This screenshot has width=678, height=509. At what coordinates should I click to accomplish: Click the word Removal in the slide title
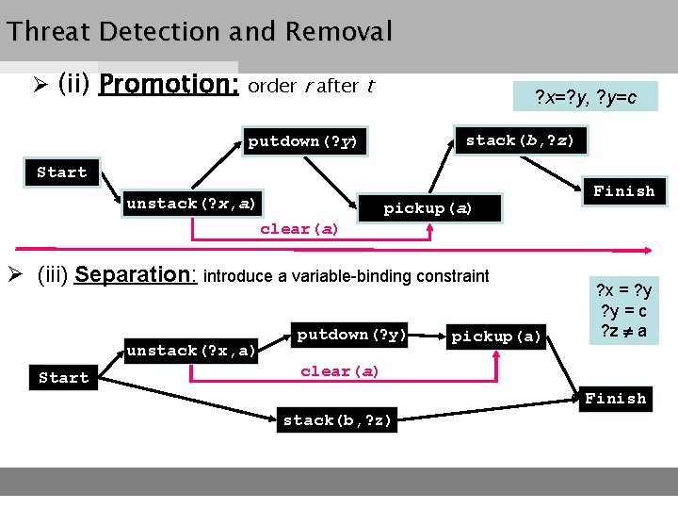point(339,32)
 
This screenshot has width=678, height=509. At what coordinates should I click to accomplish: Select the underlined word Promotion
point(169,85)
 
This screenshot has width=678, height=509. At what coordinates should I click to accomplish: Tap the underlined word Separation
point(134,275)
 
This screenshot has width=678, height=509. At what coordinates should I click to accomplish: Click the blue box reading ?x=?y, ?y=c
point(586,97)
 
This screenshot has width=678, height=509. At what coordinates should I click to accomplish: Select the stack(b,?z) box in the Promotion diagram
point(521,140)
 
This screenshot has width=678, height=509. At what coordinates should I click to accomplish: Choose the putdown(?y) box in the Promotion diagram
point(301,141)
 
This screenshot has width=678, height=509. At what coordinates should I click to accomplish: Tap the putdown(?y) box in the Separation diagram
point(351,335)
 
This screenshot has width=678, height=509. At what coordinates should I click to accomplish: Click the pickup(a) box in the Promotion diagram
point(428,207)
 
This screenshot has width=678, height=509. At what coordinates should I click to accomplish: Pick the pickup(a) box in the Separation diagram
point(497,337)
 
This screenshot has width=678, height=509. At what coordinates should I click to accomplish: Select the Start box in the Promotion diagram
point(61,172)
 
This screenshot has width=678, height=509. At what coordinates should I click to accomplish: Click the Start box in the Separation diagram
point(63,377)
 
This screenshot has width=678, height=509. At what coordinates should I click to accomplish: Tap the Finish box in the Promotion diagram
point(623,191)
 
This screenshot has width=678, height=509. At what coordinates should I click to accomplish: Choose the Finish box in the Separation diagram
point(616,399)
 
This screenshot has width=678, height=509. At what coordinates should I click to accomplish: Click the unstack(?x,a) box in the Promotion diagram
point(191,204)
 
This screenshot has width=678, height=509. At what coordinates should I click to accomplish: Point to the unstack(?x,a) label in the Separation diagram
point(191,351)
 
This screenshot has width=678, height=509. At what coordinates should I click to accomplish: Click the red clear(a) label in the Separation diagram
point(340,371)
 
